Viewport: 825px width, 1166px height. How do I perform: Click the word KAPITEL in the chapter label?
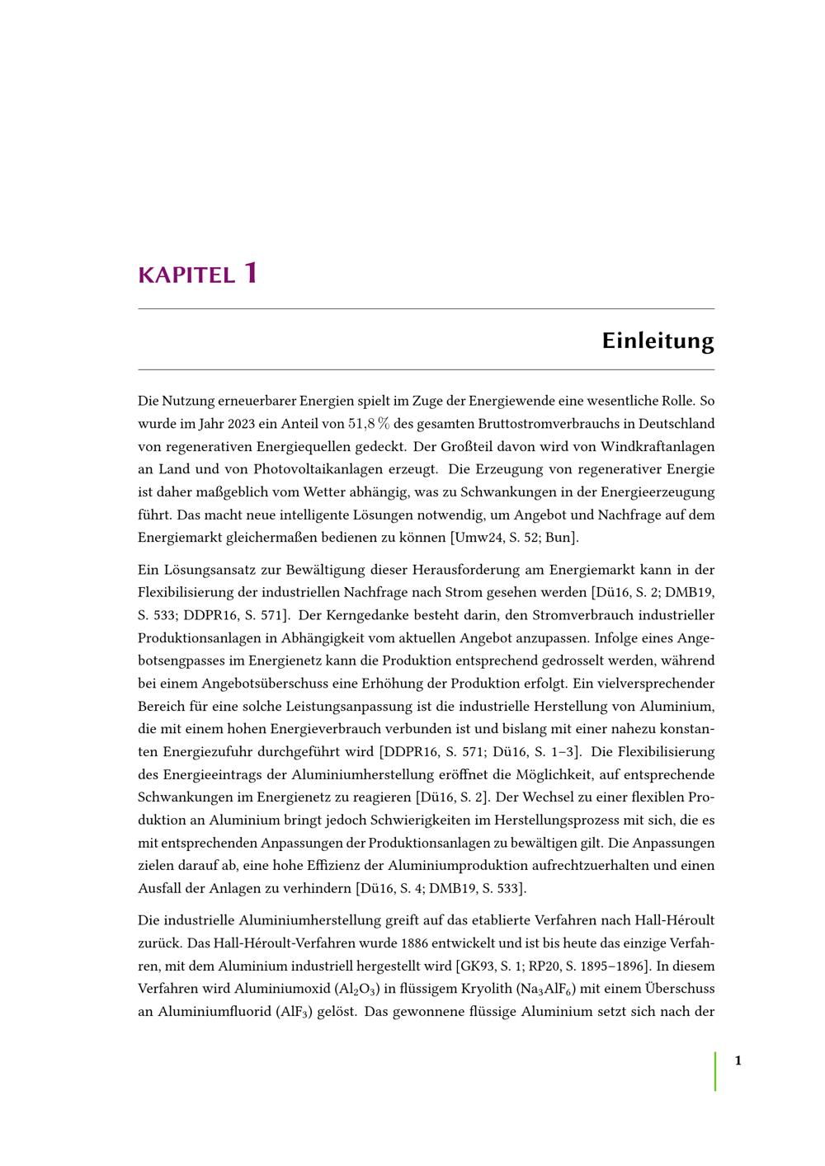(186, 275)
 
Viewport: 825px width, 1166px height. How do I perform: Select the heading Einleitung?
(658, 341)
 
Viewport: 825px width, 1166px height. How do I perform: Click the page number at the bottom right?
(738, 1060)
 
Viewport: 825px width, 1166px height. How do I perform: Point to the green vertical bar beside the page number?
(715, 1070)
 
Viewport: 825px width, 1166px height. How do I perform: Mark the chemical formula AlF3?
(295, 1012)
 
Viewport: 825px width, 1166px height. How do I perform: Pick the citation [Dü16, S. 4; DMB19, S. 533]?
(441, 889)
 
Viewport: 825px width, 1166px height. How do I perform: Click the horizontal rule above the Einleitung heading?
(426, 309)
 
